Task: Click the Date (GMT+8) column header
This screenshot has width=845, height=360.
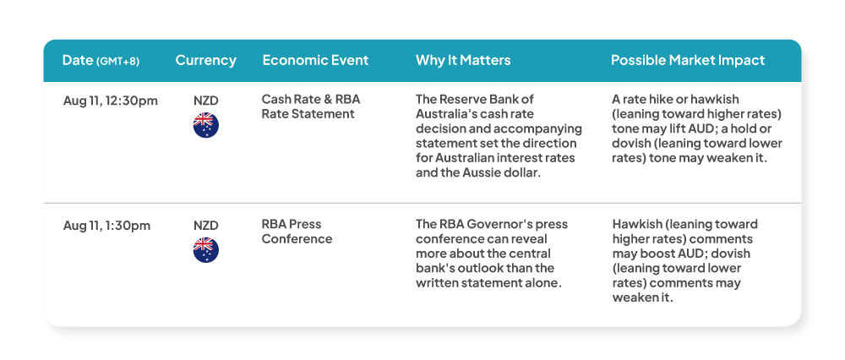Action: tap(101, 60)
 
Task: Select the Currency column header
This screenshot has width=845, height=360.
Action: tap(206, 60)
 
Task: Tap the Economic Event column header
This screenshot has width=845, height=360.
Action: tap(315, 60)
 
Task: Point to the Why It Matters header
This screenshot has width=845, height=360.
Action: tap(463, 60)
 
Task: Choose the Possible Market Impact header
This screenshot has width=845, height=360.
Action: tap(688, 60)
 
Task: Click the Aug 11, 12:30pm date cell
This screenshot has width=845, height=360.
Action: tap(111, 101)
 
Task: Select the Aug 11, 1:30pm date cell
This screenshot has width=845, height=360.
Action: tap(106, 226)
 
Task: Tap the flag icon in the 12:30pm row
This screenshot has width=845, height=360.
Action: tap(206, 125)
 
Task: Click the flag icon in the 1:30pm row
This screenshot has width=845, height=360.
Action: tap(206, 250)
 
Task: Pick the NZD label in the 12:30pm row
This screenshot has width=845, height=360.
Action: tap(206, 101)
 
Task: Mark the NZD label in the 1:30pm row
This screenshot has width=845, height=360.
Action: tap(206, 226)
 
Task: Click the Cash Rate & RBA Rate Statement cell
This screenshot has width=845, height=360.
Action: tap(311, 106)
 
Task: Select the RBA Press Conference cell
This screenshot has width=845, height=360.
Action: tap(297, 232)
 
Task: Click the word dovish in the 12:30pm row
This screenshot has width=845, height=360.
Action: tap(629, 144)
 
